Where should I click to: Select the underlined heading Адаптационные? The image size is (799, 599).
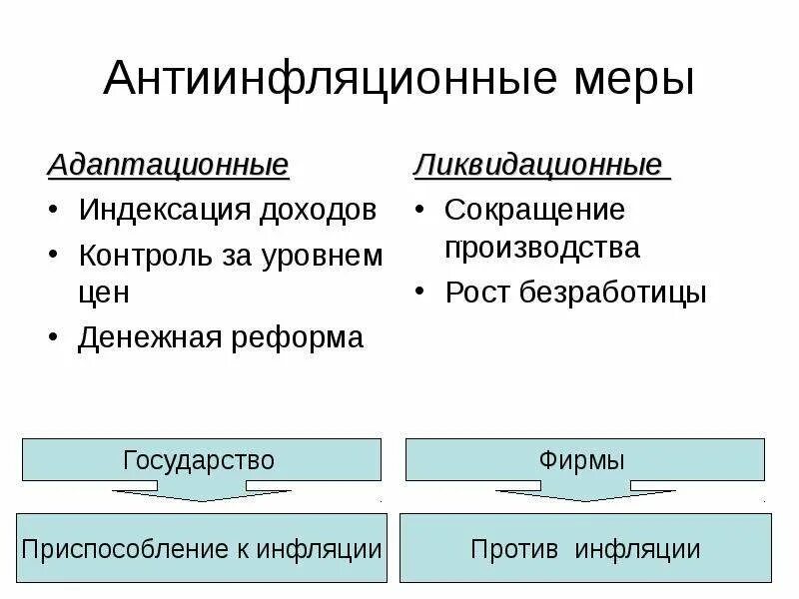[x=169, y=164]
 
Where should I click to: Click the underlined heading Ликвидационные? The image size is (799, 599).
[x=539, y=164]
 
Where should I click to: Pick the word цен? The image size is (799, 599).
[x=104, y=293]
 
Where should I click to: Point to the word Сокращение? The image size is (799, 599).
[x=534, y=211]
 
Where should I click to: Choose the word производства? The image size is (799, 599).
[x=542, y=247]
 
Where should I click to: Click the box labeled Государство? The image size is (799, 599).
[x=200, y=460]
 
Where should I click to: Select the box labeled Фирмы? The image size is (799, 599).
[x=584, y=460]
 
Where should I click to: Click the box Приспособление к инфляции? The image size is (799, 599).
[x=202, y=548]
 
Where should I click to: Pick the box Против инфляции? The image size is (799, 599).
[x=585, y=548]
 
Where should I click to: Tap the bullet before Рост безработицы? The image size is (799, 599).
[x=423, y=293]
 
